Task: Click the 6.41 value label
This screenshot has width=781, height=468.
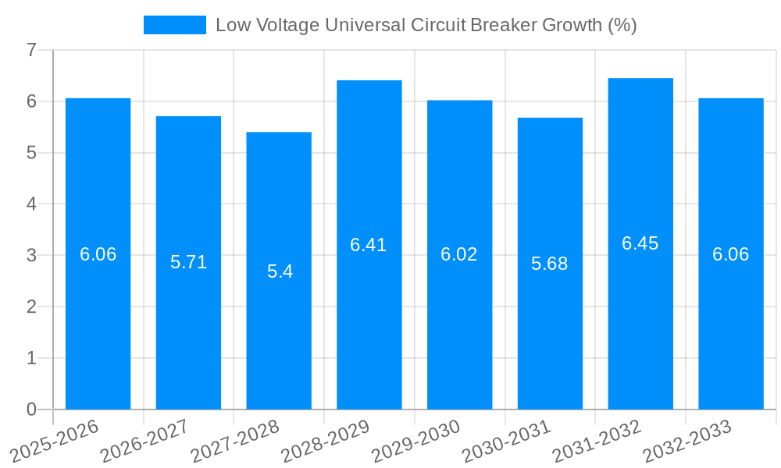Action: click(x=369, y=245)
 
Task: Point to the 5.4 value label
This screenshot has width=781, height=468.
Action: click(x=280, y=271)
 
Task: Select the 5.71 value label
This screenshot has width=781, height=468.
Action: click(x=189, y=262)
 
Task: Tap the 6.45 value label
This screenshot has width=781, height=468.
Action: click(x=640, y=243)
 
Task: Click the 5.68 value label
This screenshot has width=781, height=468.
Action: click(x=550, y=264)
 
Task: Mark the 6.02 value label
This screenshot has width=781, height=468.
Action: click(x=459, y=254)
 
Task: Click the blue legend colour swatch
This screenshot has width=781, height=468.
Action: click(x=175, y=25)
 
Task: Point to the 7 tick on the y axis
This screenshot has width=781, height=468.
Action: click(x=31, y=50)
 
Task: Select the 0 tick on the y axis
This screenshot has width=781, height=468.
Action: click(x=31, y=409)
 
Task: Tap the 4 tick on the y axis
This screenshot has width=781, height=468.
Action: click(x=31, y=204)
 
